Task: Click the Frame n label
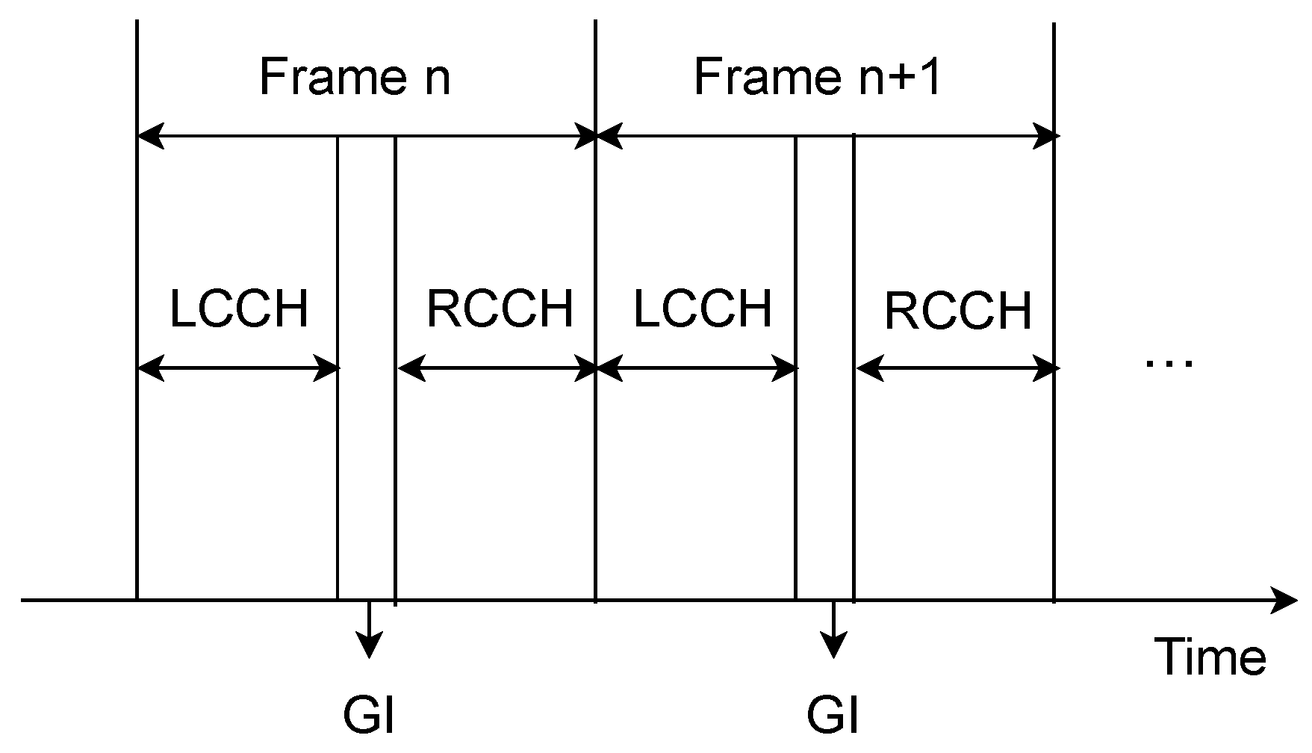pyautogui.click(x=355, y=76)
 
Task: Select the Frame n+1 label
pyautogui.click(x=817, y=76)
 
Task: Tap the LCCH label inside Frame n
pyautogui.click(x=238, y=308)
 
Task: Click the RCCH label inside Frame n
pyautogui.click(x=500, y=308)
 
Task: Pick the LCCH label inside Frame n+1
pyautogui.click(x=702, y=308)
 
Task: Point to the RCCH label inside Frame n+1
pyautogui.click(x=958, y=310)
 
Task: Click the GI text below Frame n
pyautogui.click(x=368, y=716)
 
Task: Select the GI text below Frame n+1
pyautogui.click(x=833, y=716)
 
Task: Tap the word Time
pyautogui.click(x=1210, y=657)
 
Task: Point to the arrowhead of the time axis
pyautogui.click(x=1286, y=600)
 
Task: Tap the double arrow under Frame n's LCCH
pyautogui.click(x=238, y=368)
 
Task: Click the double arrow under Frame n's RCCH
pyautogui.click(x=497, y=368)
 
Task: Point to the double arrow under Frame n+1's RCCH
pyautogui.click(x=956, y=368)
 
